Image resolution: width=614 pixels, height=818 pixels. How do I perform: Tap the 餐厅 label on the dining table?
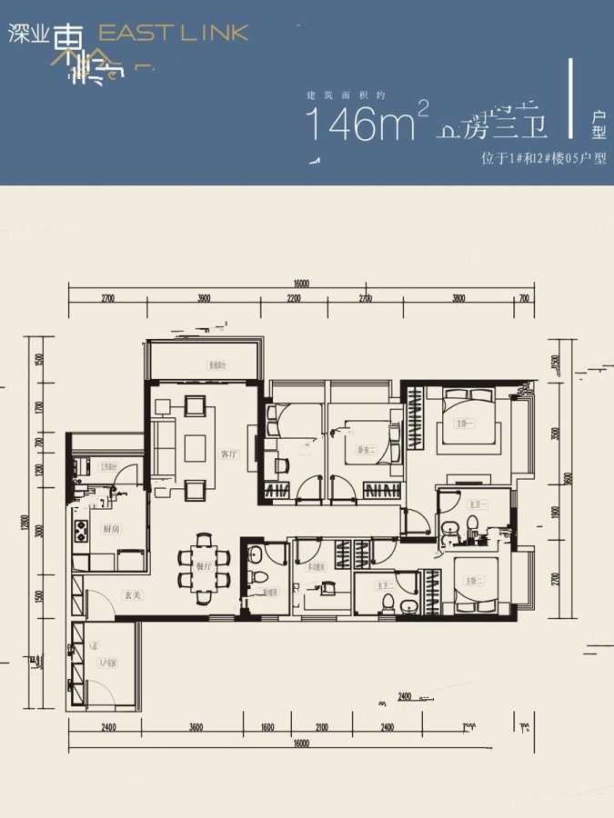click(203, 565)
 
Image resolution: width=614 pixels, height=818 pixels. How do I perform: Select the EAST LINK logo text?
click(173, 34)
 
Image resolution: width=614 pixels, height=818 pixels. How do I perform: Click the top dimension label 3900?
click(203, 298)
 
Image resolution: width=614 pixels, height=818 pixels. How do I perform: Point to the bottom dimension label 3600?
click(195, 727)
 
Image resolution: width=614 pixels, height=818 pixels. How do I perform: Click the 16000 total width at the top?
click(301, 284)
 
